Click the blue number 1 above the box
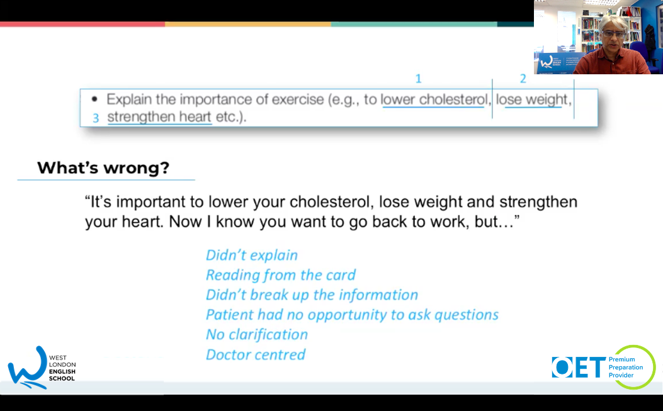click(418, 79)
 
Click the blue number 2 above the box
click(523, 79)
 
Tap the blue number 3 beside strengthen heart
click(96, 118)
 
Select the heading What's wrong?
click(103, 168)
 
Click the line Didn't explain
click(252, 256)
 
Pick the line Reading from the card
click(281, 275)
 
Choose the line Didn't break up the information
click(312, 295)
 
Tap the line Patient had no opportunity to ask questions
click(352, 315)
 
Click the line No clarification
click(257, 334)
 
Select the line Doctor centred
click(256, 354)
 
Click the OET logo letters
click(579, 367)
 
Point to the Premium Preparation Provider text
click(626, 367)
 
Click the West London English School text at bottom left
click(62, 368)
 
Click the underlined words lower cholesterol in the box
click(434, 99)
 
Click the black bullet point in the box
click(94, 99)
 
